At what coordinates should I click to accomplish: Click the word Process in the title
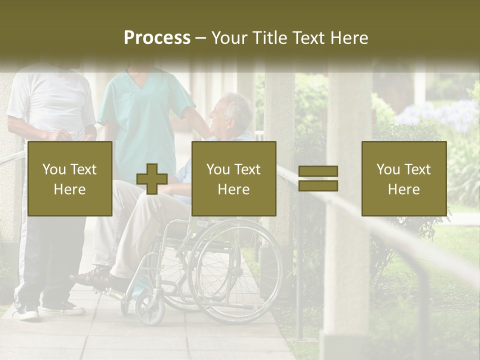157,38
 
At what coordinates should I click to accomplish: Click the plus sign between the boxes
152,179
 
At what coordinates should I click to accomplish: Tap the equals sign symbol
318,178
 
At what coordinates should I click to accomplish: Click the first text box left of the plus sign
70,178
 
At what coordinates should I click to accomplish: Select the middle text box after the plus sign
233,178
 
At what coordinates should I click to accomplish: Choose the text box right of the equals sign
403,178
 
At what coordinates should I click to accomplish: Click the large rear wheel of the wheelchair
235,270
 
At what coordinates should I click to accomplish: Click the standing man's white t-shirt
52,100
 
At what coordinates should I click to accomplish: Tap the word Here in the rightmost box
403,189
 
